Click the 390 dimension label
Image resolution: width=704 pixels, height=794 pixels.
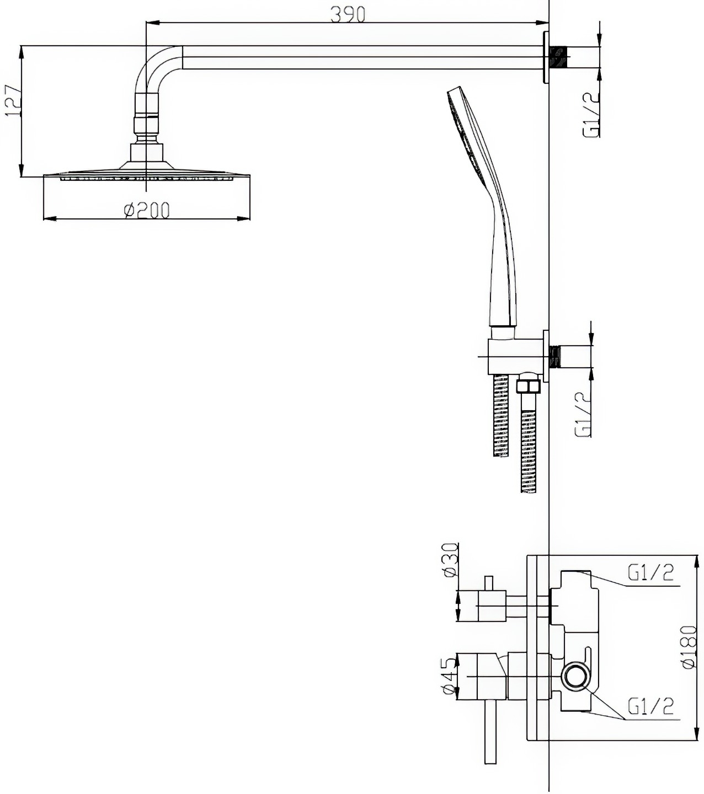pyautogui.click(x=348, y=15)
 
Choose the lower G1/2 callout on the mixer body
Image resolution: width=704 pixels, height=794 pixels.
pyautogui.click(x=650, y=706)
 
